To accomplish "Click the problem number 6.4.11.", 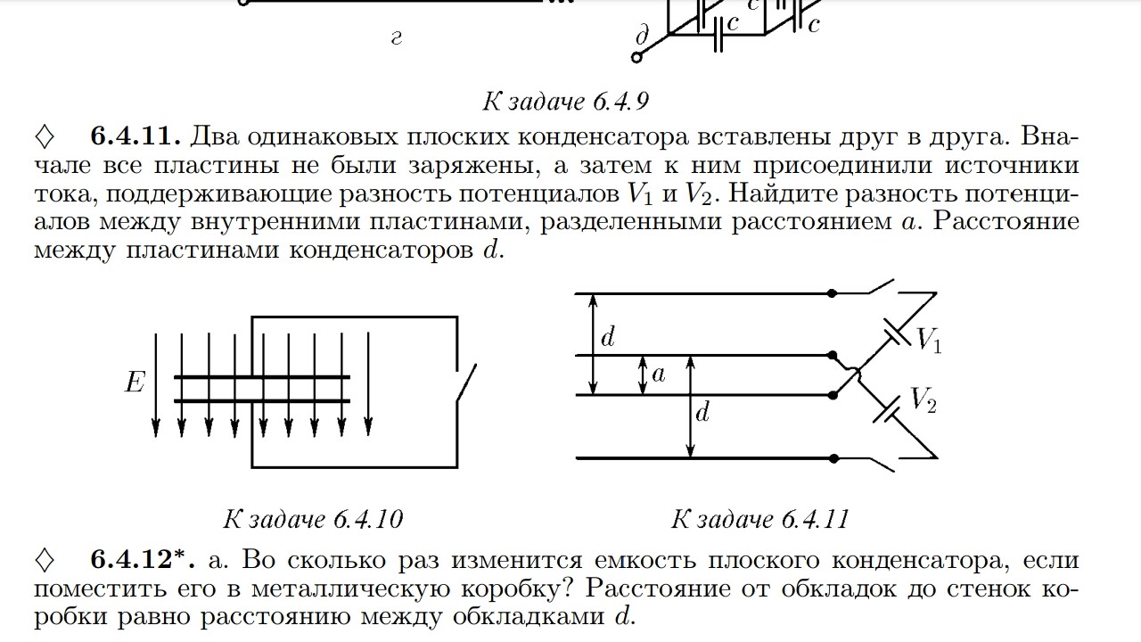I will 136,136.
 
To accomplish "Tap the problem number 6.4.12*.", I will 143,560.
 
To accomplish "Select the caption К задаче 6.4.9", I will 565,101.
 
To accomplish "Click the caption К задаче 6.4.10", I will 313,518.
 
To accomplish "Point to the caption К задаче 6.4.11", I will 759,518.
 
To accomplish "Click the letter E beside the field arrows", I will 135,383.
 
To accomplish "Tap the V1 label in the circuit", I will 928,339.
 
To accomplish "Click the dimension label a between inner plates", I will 659,374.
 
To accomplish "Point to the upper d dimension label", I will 608,337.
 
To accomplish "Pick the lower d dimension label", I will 702,413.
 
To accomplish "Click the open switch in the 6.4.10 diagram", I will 465,383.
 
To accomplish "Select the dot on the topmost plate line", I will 832,292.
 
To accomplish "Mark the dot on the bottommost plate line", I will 832,458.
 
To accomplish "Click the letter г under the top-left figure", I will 397,38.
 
